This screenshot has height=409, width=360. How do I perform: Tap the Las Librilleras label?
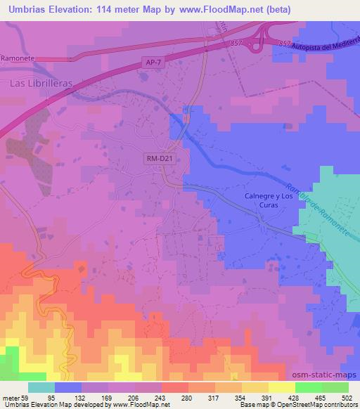41,82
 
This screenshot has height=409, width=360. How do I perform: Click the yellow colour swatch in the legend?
282,387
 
